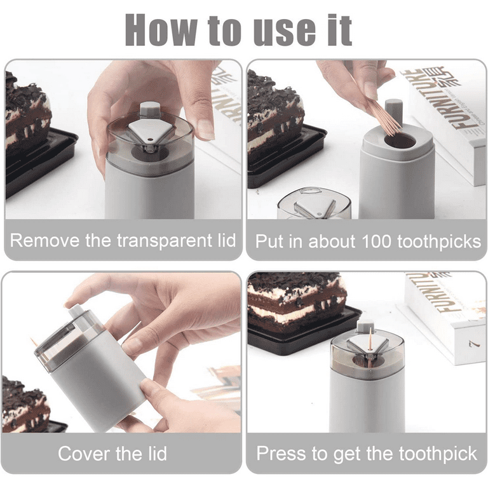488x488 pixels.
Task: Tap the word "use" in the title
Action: click(285, 29)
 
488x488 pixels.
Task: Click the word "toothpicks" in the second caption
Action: click(439, 241)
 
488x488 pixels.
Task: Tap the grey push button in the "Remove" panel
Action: click(149, 109)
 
